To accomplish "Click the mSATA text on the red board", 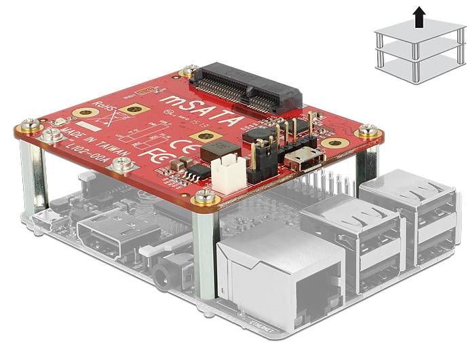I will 202,111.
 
